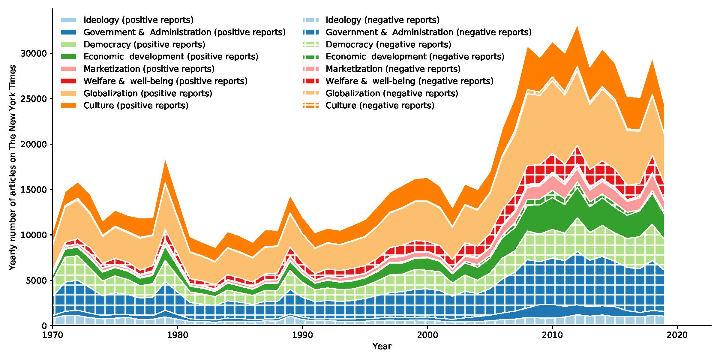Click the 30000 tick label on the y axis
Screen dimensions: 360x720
(x=34, y=53)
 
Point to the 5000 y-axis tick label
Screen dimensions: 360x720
(x=37, y=280)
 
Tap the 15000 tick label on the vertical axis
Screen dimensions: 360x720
(x=34, y=190)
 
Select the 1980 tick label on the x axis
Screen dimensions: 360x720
(x=178, y=334)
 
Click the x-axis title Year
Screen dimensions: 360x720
(x=382, y=346)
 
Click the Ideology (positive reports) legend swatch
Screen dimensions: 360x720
(x=68, y=20)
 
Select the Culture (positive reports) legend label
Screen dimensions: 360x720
(x=136, y=106)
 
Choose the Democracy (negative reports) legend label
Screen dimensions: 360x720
(x=388, y=45)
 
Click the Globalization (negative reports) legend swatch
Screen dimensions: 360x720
(x=310, y=93)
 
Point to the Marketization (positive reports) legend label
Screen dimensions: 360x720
(x=149, y=69)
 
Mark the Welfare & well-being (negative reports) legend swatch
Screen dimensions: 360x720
(x=310, y=81)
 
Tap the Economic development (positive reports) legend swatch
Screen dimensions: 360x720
(x=68, y=57)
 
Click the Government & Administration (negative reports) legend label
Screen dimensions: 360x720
(x=428, y=32)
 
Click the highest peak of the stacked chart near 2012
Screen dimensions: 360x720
(x=577, y=27)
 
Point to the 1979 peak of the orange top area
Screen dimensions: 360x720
(x=165, y=161)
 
